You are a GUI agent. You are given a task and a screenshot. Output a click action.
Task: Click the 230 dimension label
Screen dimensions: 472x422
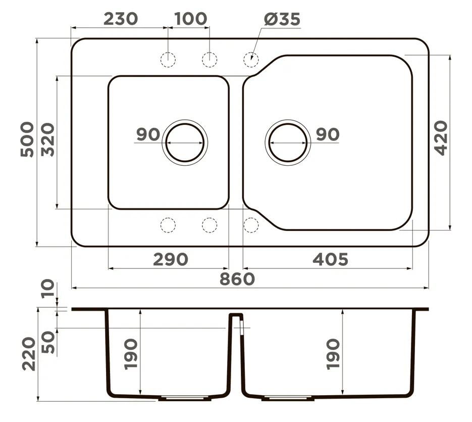pos(121,19)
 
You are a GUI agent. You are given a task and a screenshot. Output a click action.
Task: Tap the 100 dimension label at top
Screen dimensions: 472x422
pos(191,19)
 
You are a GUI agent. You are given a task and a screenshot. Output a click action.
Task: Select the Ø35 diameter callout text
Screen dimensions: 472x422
pos(282,19)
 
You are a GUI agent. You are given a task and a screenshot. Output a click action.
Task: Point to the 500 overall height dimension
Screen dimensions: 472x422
pos(27,139)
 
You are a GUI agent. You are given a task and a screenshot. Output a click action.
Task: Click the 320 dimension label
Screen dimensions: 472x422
pos(48,139)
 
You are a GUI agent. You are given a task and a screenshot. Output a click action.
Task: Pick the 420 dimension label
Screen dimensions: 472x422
pos(442,138)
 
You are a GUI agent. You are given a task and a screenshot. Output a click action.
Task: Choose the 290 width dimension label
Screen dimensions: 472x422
pos(171,259)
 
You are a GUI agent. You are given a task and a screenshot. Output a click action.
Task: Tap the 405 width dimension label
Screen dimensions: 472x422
pos(330,259)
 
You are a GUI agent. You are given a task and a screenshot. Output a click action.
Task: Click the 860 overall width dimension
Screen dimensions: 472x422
pos(237,279)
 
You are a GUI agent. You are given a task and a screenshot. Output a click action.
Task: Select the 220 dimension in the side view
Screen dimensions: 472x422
pos(29,354)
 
